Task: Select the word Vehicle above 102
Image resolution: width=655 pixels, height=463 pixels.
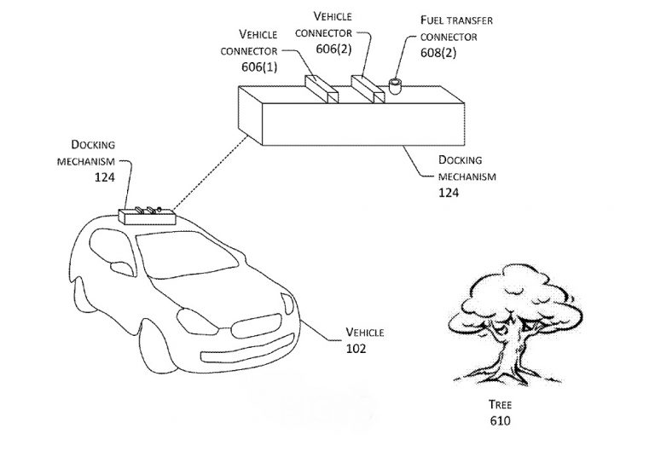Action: (362, 331)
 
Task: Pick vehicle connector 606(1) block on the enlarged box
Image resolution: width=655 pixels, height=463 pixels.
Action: (321, 88)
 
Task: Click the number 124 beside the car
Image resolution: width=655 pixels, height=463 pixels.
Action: (105, 177)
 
